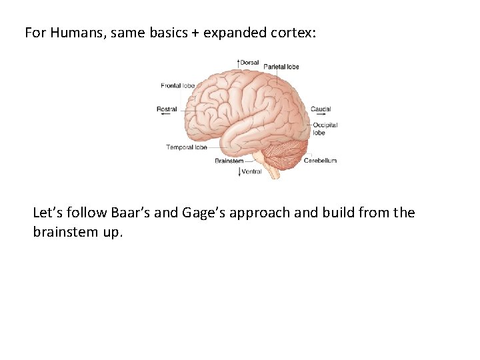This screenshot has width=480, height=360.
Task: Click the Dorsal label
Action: click(x=249, y=63)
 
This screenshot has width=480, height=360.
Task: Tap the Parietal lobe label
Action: click(x=281, y=67)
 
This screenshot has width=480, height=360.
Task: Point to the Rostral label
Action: click(x=167, y=109)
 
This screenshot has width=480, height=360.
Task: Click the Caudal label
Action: click(x=321, y=109)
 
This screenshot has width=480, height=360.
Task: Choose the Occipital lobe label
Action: click(x=325, y=128)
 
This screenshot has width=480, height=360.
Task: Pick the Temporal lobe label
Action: click(x=187, y=147)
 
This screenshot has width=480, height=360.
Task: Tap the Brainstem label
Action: click(x=229, y=161)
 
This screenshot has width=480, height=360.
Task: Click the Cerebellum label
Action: click(x=320, y=161)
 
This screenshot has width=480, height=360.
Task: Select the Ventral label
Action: click(x=251, y=171)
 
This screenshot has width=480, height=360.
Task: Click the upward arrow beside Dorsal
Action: click(x=239, y=62)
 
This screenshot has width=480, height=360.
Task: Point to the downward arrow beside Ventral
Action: click(x=239, y=171)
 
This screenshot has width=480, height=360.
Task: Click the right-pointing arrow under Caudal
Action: click(x=319, y=114)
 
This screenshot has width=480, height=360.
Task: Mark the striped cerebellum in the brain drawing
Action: click(x=287, y=152)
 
